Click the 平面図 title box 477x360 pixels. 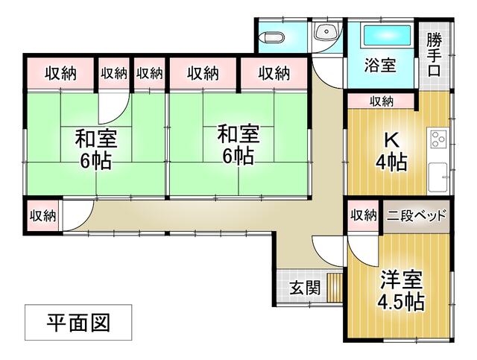[78, 323]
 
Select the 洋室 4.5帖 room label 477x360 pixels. [401, 291]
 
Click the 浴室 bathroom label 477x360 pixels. [380, 65]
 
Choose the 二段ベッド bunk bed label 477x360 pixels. [417, 215]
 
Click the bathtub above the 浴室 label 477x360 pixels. [387, 35]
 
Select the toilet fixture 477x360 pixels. [272, 37]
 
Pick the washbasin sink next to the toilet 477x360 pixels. [326, 31]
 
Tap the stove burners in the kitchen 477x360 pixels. [437, 139]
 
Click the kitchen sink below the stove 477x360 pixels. [438, 176]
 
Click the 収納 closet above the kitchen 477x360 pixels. [382, 101]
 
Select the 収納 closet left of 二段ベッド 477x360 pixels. [364, 215]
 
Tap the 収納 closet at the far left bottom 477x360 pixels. [42, 216]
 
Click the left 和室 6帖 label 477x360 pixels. [95, 148]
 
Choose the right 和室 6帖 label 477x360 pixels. [238, 145]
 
